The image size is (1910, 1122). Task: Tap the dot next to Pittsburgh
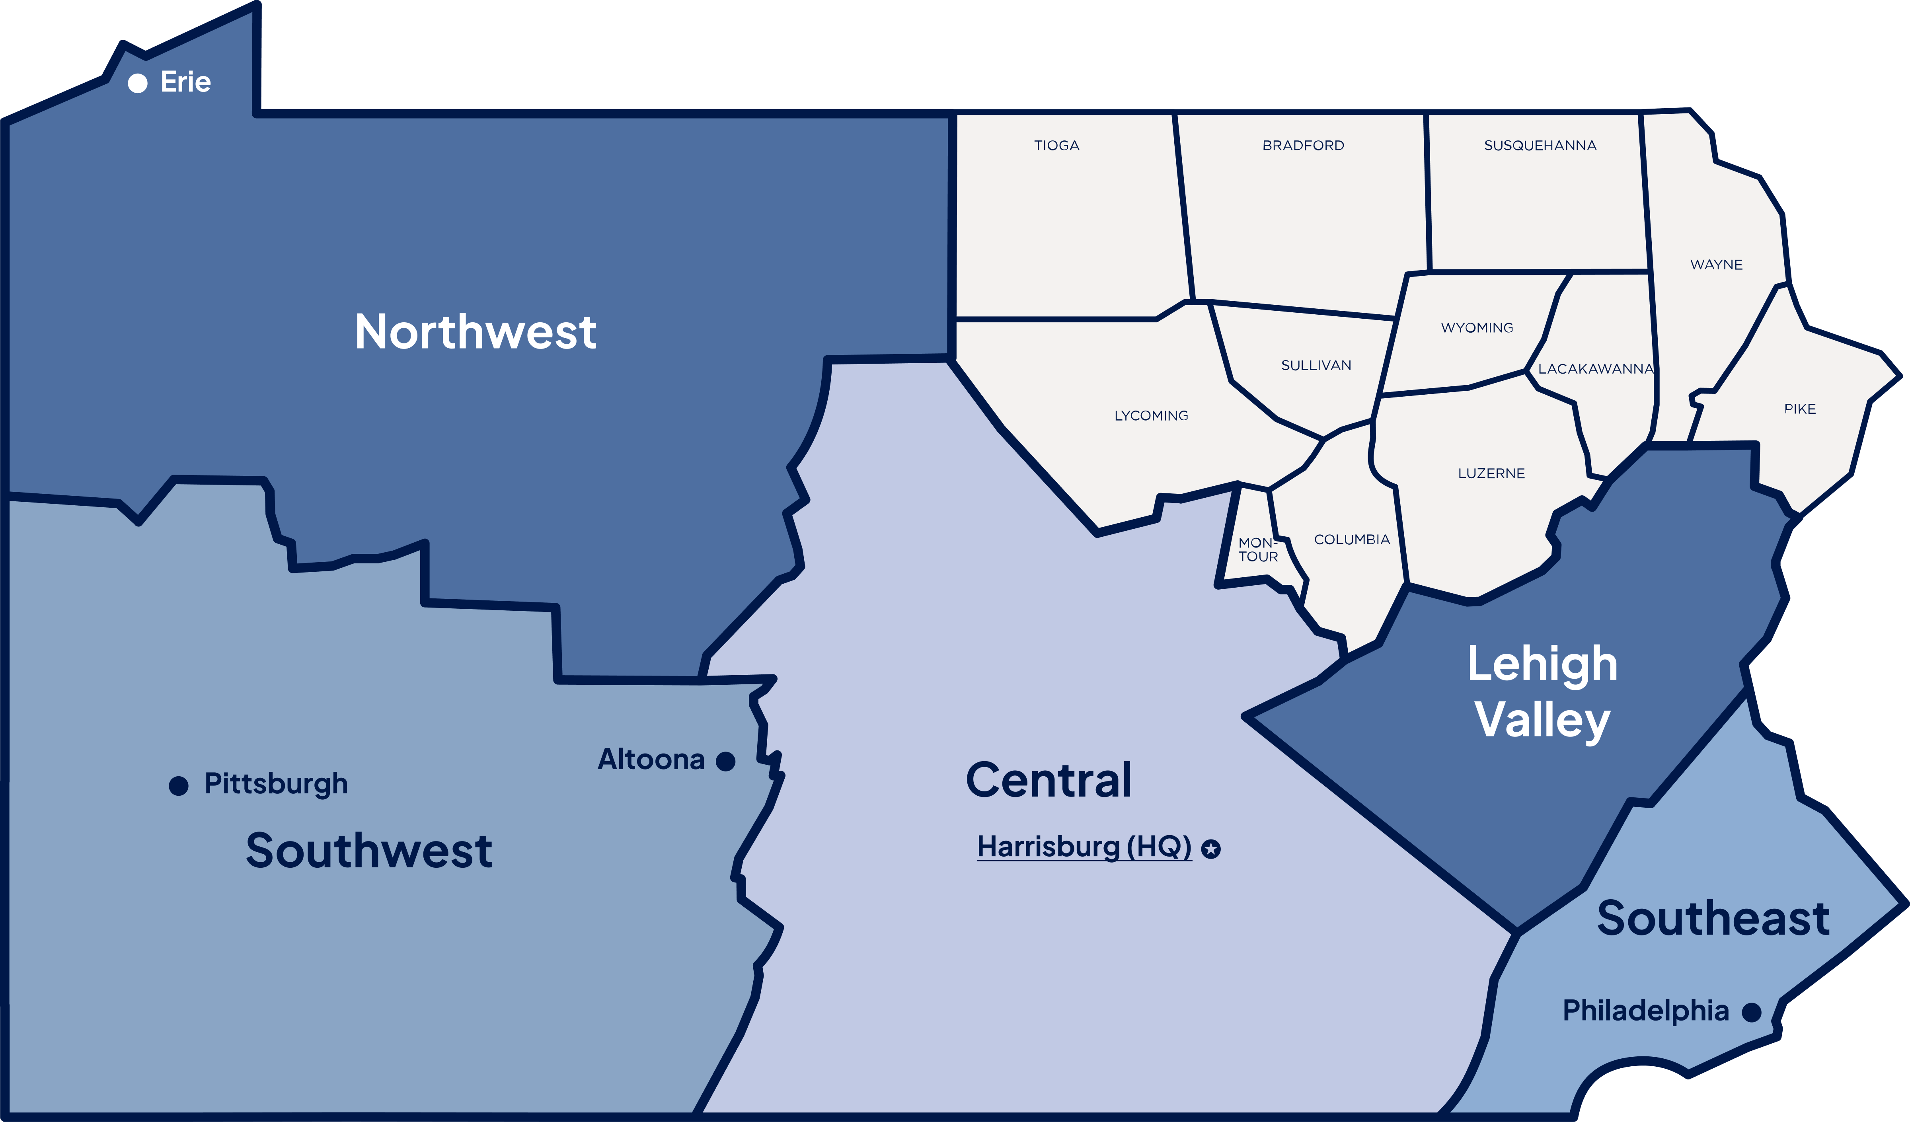(178, 785)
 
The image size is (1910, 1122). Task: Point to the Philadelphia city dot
(1751, 1012)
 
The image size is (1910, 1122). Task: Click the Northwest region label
(475, 332)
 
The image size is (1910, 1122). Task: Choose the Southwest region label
(369, 851)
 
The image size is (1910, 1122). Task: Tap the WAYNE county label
(1716, 265)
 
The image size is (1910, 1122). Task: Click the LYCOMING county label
(1150, 415)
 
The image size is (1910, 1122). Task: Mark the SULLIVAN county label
(1316, 365)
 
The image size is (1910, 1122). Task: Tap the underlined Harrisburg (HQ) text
(1084, 846)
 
